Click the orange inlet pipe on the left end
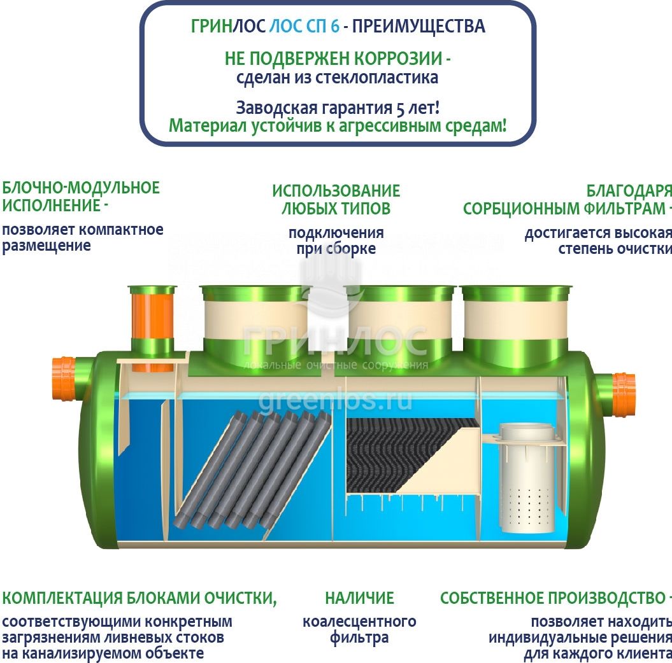[64, 379]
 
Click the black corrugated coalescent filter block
[403, 454]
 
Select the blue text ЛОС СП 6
[304, 26]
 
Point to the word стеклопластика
[377, 78]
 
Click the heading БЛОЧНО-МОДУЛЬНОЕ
[81, 188]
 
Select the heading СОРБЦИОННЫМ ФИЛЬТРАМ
[564, 209]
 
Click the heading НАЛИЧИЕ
[360, 598]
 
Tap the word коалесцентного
[360, 621]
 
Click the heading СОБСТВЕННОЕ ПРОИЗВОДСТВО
[552, 598]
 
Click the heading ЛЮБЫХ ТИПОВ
[336, 209]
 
